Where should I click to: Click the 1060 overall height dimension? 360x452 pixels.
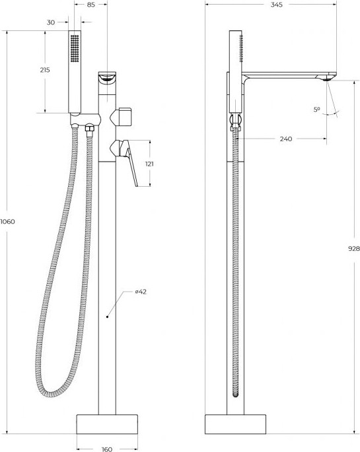point(7,222)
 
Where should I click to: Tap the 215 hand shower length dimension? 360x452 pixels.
point(45,70)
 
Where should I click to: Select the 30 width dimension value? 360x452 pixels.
point(51,22)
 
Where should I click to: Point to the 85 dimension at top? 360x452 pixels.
point(90,5)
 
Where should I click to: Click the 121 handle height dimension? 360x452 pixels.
point(149,164)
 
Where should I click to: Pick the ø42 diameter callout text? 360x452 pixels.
point(141,292)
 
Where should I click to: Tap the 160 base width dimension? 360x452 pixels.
point(107,449)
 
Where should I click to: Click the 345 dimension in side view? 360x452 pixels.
point(276,5)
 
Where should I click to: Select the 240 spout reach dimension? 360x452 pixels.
point(286,139)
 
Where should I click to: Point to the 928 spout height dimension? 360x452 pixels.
point(354,249)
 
